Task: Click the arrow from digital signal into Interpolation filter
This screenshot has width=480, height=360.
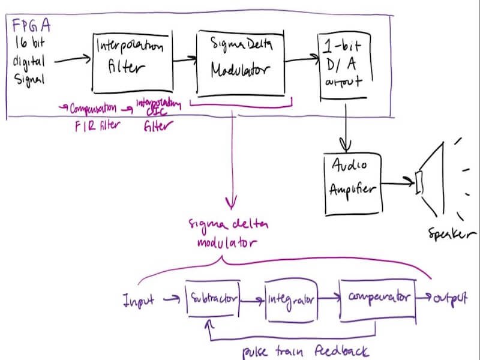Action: point(71,59)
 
